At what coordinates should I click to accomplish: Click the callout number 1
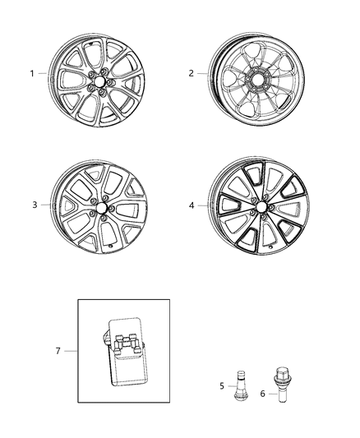pos(33,73)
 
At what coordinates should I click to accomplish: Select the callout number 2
pos(191,73)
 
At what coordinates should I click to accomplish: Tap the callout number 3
pos(35,205)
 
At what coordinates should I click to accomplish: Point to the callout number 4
pos(191,205)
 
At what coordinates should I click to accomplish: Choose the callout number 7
pos(58,351)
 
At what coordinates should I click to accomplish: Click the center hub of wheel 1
pos(95,82)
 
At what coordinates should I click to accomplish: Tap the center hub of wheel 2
pos(256,82)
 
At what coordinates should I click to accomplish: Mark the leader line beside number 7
pos(71,351)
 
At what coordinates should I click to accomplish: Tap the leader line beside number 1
pos(44,73)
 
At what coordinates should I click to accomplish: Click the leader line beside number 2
pos(202,73)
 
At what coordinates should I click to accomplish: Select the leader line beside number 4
pos(201,205)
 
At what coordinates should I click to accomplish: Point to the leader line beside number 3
pos(46,205)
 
